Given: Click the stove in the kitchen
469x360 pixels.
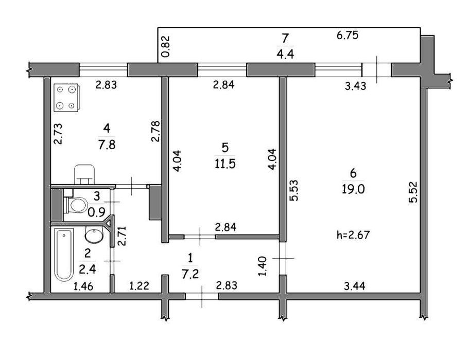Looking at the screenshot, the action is coord(66,98).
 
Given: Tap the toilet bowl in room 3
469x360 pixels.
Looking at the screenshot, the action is coord(76,205).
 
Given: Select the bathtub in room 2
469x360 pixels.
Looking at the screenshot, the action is coord(64,255).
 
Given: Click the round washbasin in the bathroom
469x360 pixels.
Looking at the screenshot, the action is coord(94,234).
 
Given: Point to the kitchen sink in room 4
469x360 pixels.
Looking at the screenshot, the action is coord(84,174).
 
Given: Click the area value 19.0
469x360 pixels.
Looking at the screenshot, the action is coord(353,189).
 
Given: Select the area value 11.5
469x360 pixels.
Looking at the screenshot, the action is coord(225,164).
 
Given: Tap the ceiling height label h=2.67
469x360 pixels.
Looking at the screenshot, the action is coord(353,235).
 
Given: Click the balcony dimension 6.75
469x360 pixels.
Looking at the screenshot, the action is coord(348,35).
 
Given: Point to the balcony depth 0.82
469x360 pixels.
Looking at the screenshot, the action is coord(165,46).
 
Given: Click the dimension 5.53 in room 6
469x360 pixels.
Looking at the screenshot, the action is coord(294,190).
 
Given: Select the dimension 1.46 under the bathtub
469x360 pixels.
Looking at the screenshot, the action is coord(83,286).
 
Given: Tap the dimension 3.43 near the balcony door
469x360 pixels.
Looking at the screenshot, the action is coord(355,86).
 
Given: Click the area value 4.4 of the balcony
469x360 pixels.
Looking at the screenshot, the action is coord(285,54).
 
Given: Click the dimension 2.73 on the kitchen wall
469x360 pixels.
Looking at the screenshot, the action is coord(58,134).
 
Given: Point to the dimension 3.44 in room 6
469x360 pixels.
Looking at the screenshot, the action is coord(354,286).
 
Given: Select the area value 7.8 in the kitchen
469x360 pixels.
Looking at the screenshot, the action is coord(107,145).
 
